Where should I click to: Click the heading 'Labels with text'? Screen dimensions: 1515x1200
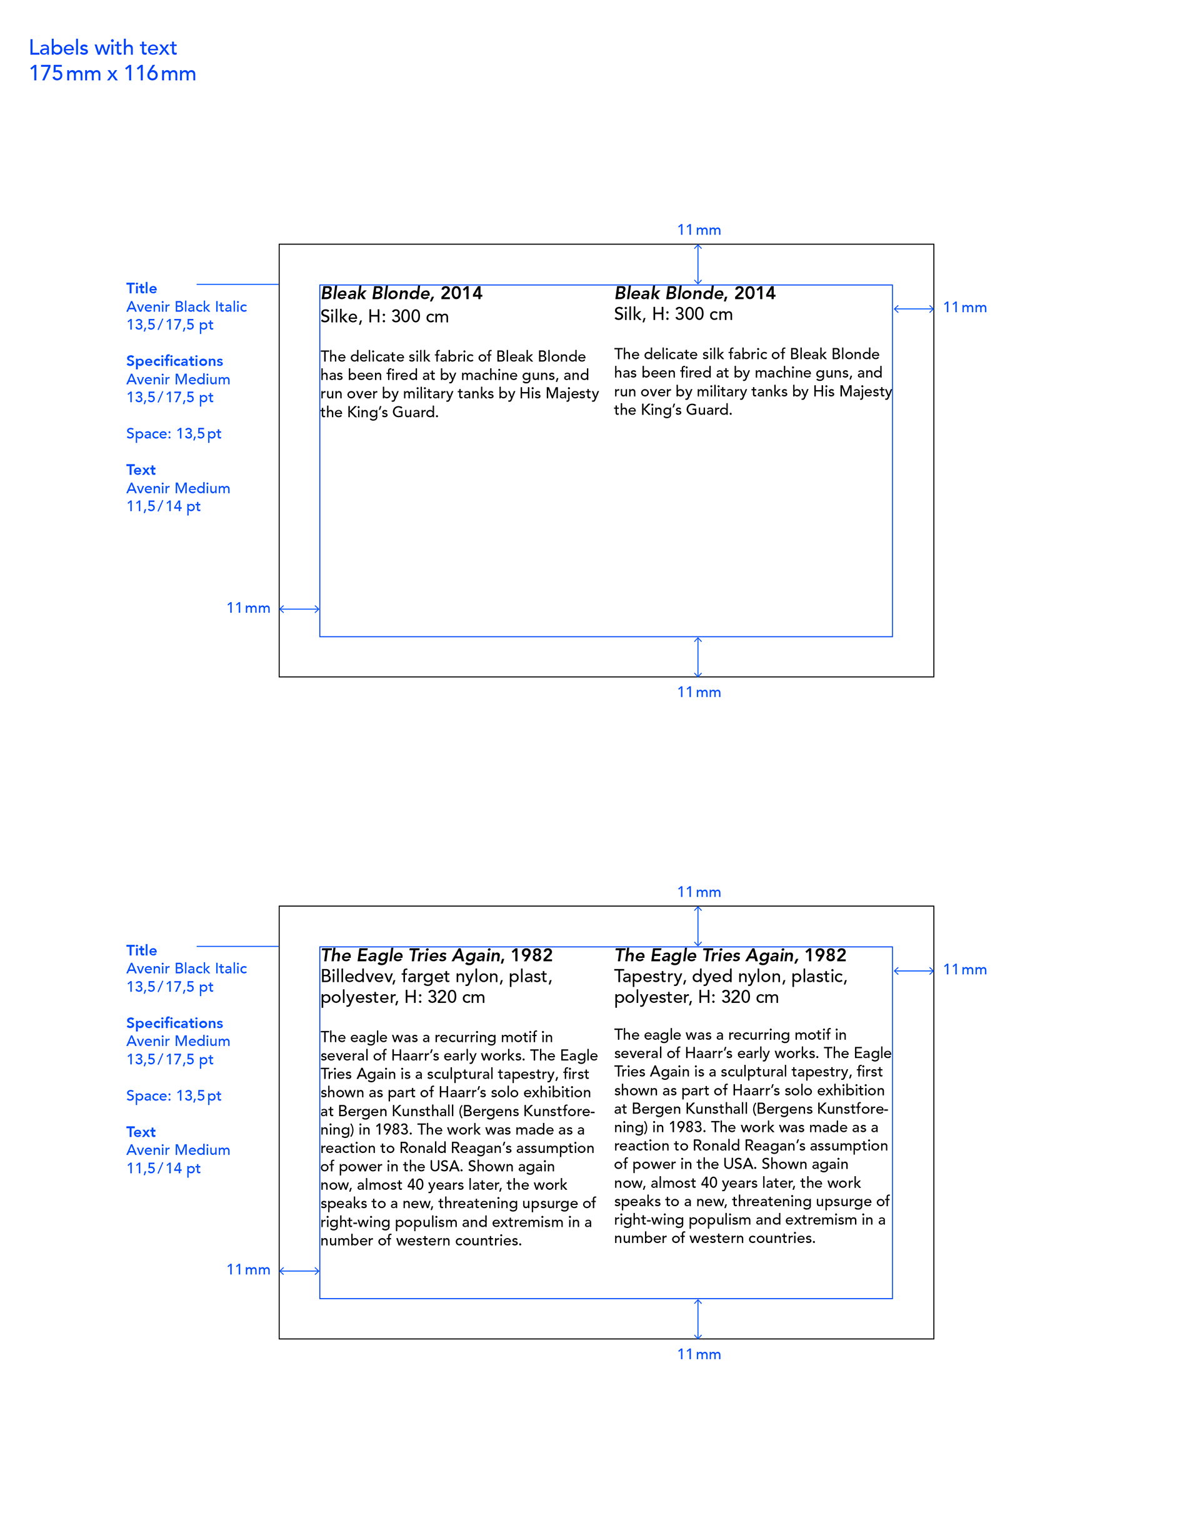pos(102,48)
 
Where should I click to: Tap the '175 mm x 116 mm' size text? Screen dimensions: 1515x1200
pos(112,74)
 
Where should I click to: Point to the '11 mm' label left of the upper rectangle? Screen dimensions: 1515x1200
pos(248,608)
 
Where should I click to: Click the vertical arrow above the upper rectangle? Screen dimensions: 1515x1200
pos(697,264)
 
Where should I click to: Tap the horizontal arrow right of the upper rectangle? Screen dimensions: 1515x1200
pos(913,308)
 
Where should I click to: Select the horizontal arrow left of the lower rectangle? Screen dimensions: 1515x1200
pos(300,1271)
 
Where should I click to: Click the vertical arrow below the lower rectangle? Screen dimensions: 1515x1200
pos(697,1319)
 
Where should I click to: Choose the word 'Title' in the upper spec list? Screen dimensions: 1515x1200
pos(141,289)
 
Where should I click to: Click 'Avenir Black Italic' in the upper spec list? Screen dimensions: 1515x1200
pos(186,307)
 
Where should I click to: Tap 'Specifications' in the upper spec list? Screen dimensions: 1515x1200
pos(174,361)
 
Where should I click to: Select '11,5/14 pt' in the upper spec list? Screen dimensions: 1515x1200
pos(163,506)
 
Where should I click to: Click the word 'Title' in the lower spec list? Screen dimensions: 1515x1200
pos(141,951)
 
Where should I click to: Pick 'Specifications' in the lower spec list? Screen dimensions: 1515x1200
pos(174,1023)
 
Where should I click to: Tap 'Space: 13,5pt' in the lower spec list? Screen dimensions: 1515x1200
pos(174,1096)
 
